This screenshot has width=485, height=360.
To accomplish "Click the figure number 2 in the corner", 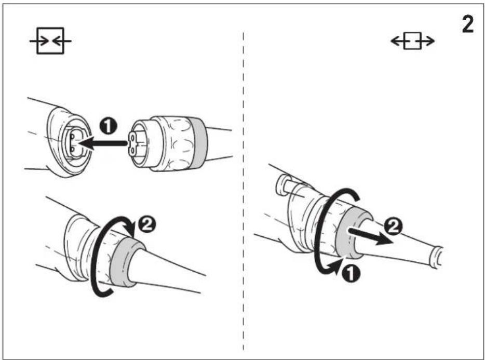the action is [468, 25].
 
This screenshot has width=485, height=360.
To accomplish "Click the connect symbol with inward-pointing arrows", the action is [50, 41].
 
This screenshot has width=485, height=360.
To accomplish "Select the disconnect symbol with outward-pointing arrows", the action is [413, 41].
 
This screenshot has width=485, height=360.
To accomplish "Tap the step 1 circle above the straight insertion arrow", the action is [108, 127].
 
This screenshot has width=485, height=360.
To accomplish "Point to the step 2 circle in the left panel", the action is [146, 224].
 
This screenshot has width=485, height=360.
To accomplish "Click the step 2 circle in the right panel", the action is [393, 228].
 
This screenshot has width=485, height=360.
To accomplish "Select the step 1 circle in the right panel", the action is [351, 273].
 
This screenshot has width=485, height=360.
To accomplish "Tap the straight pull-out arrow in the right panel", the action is [371, 236].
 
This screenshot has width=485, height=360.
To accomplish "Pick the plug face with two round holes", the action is [133, 143].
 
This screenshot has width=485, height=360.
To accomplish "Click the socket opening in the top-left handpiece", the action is [74, 142].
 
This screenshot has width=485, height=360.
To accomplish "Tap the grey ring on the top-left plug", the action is [198, 143].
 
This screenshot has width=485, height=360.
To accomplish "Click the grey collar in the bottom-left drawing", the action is [127, 262].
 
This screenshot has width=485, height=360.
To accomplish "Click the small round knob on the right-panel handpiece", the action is [282, 185].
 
